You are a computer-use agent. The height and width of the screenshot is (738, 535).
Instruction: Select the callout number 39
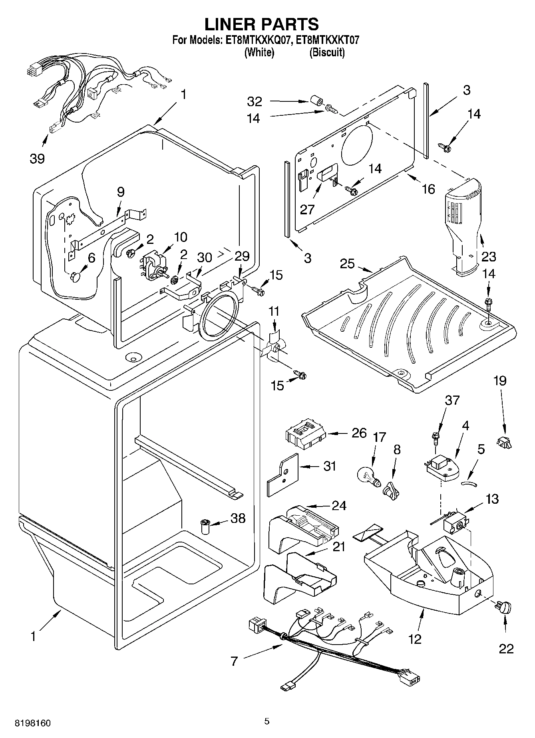[37, 159]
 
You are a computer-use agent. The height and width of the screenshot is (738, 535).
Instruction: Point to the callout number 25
[347, 264]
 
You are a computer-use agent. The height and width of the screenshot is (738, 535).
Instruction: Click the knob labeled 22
[504, 608]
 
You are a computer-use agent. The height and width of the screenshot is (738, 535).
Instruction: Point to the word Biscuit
[326, 52]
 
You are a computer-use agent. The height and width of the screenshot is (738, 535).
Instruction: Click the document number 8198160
[33, 723]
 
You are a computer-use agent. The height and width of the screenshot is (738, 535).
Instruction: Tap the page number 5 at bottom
[267, 721]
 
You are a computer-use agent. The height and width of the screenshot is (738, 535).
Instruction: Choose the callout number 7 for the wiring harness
[234, 661]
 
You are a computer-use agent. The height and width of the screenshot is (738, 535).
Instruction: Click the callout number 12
[415, 639]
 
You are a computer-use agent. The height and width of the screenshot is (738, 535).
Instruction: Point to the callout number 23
[488, 256]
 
